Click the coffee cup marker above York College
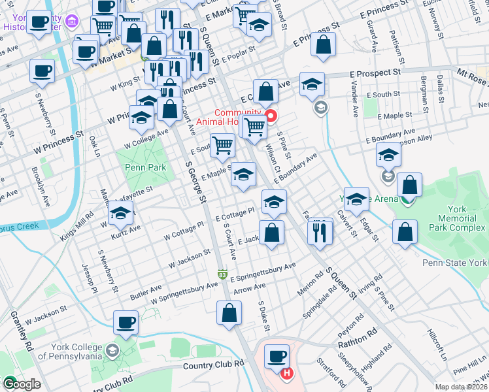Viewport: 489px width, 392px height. pos(126,321)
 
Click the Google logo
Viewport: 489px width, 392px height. pos(22,384)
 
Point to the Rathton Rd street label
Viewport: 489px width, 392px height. pos(358,334)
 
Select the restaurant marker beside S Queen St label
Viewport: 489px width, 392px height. pos(320,232)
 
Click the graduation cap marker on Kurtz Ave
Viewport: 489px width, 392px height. pos(120,212)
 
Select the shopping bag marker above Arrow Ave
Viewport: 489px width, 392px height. pos(229,313)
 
